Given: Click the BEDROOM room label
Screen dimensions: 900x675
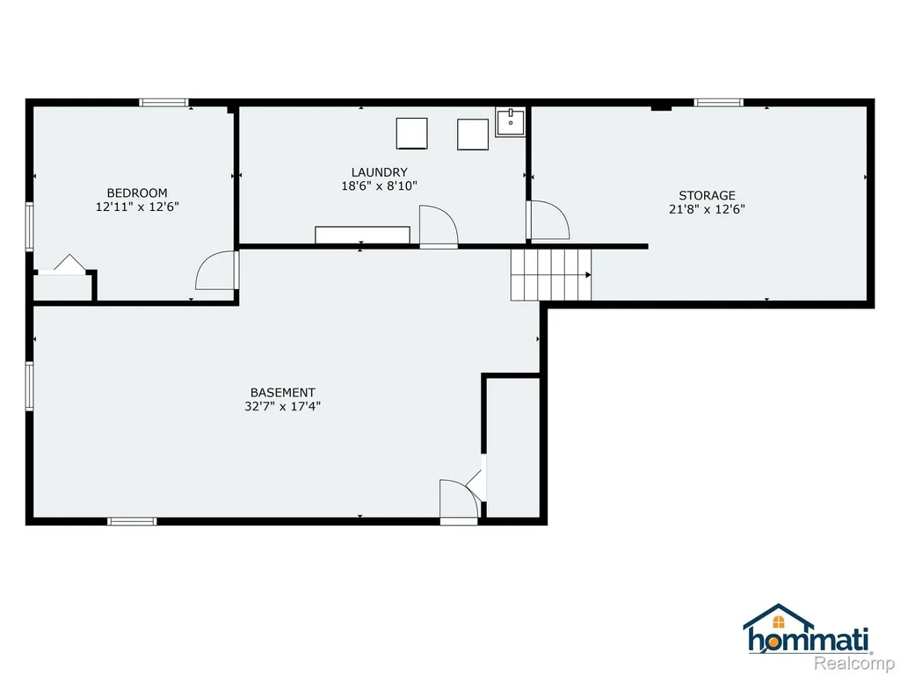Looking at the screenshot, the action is coord(137,192).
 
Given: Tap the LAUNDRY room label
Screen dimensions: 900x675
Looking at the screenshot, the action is coord(380,172).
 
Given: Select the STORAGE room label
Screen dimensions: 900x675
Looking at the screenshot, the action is coord(708,195).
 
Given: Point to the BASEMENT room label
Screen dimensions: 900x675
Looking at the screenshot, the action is coord(282,393).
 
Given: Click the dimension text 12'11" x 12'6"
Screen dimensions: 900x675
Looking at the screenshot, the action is coord(137,207).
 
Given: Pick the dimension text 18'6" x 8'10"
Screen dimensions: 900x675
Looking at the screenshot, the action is coord(380,186).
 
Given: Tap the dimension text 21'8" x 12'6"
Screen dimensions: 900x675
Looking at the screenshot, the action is coord(708,209).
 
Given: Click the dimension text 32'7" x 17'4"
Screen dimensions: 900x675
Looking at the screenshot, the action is coord(282,406).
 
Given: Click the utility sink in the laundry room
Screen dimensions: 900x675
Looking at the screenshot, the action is coord(511,121).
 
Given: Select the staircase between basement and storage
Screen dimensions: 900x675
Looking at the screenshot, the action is coord(551,275).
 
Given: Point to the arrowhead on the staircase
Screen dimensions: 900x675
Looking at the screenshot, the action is coord(588,275).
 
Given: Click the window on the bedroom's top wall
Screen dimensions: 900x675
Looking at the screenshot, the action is coord(164,103).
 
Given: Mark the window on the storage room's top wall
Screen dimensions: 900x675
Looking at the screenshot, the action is coord(719,103).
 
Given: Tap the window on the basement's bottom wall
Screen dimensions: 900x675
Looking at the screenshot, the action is coord(132,521).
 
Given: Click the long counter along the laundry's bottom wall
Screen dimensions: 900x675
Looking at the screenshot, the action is coord(362,235).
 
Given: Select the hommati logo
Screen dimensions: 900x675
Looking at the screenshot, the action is coord(808,629).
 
